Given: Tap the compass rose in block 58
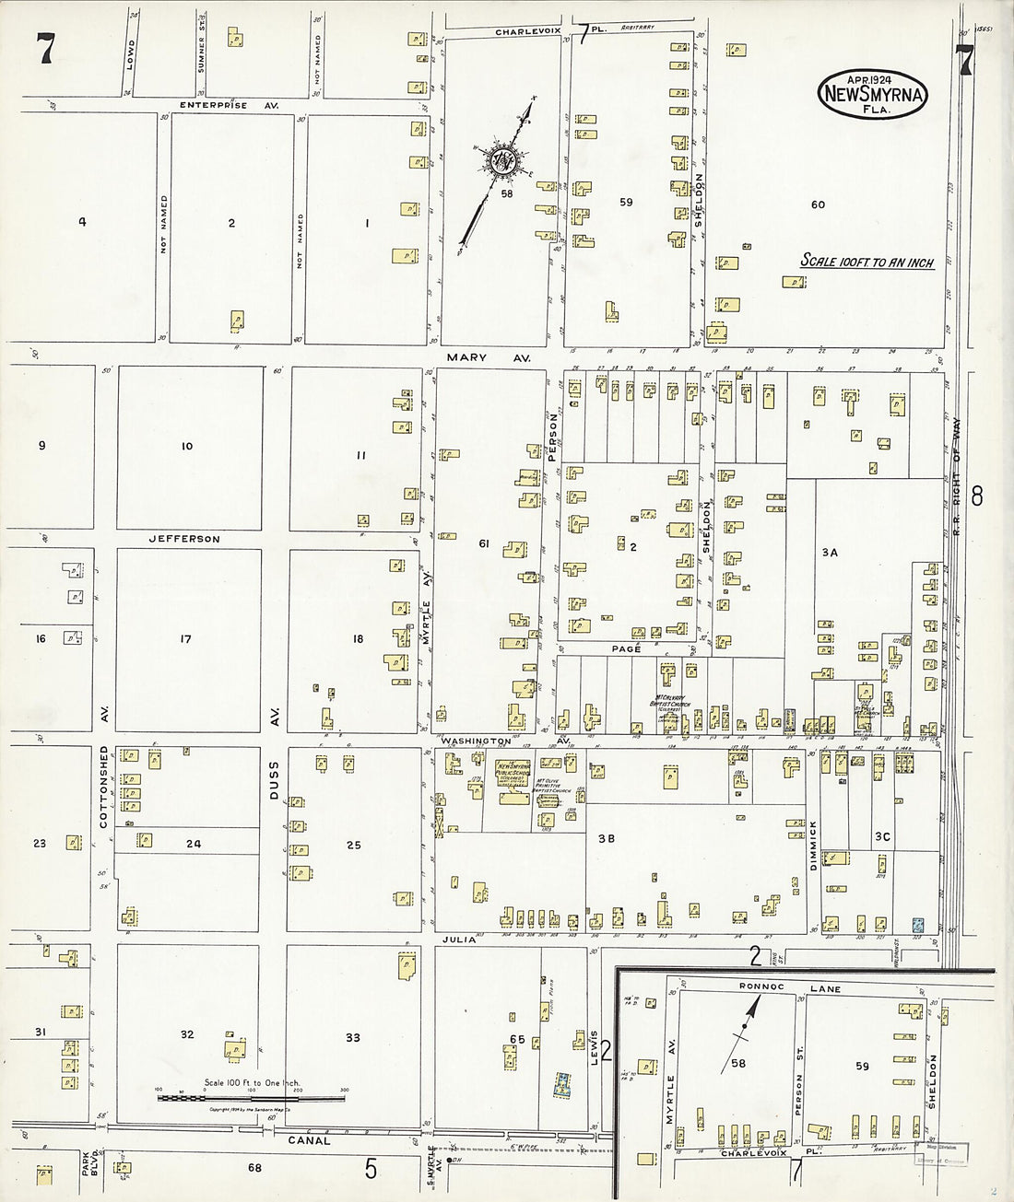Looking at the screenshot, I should pos(504,161).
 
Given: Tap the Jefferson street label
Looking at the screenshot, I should pos(184,539).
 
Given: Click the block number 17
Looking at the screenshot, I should pos(185,638).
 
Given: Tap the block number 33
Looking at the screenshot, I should pos(352,1038).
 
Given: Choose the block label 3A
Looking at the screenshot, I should pos(829,553).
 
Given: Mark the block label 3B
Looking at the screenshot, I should pos(606,839).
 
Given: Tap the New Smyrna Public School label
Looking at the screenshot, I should pos(517,770).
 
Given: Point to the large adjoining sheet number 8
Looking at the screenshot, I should pos(977,497).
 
